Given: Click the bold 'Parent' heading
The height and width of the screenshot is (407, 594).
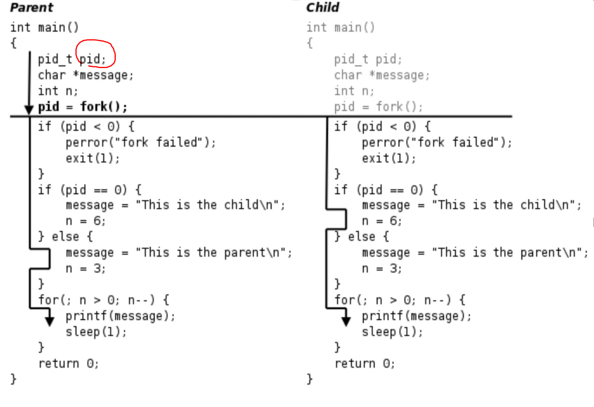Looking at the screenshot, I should [31, 8].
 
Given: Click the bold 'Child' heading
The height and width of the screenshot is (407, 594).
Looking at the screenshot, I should [322, 8].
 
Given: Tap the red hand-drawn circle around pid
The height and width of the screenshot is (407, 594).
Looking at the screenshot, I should [96, 53].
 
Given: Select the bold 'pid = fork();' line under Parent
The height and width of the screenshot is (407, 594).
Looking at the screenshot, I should [82, 107].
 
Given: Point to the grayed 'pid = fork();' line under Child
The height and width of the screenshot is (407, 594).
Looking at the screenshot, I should [378, 107].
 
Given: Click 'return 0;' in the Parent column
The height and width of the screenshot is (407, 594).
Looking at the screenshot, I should [68, 363].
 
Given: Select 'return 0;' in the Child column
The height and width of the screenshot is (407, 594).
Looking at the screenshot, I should [364, 363].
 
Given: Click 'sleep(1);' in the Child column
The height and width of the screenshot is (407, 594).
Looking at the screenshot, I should [392, 332].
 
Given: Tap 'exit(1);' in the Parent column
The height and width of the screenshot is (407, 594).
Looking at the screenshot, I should [93, 158].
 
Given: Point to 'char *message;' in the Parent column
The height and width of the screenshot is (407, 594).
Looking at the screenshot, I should [86, 75].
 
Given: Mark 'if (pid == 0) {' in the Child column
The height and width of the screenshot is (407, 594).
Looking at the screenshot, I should [386, 190].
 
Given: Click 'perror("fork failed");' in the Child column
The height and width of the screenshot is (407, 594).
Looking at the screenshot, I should [437, 143].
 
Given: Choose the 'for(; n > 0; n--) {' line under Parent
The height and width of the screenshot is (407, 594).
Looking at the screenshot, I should [103, 300].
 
